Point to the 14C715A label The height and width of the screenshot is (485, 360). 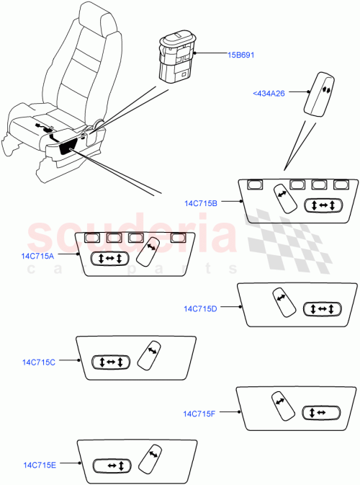click(40, 255)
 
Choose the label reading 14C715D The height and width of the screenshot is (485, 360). click(200, 308)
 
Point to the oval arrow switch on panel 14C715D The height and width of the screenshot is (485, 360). click(321, 308)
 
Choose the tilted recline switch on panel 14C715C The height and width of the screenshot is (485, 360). click(152, 355)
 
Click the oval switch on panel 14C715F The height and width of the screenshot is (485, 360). click(321, 413)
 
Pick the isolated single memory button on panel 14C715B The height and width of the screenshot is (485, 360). click(254, 184)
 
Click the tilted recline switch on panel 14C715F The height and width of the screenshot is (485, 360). click(282, 406)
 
